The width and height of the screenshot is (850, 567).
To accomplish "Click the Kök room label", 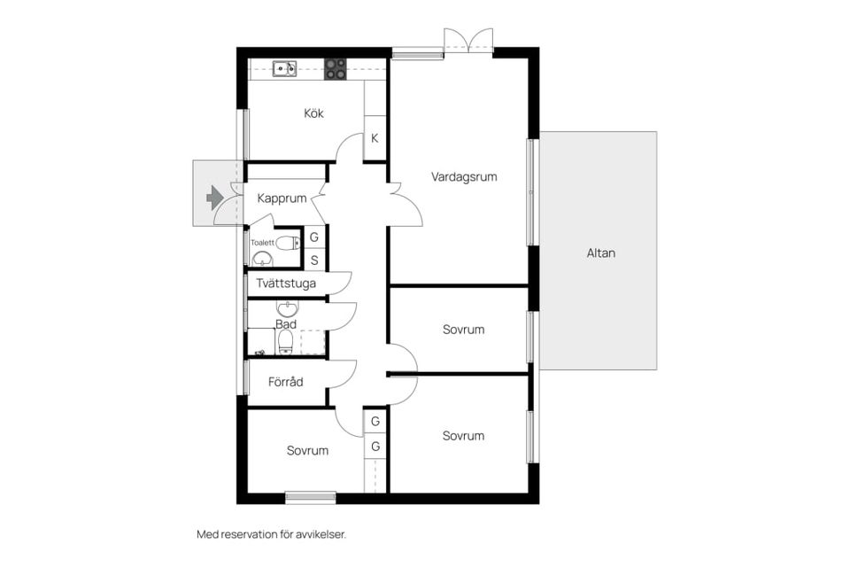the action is (313, 113).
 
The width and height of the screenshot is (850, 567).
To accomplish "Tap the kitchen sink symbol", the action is (284, 68).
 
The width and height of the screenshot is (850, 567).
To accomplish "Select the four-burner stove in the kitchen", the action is (335, 69).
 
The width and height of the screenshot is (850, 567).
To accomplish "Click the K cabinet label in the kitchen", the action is (375, 138).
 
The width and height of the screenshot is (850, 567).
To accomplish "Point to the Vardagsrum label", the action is (464, 177).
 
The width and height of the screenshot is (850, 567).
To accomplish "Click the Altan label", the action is (600, 252).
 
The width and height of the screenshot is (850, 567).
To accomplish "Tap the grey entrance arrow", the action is (214, 198).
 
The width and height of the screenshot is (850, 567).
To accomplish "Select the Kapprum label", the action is (282, 198).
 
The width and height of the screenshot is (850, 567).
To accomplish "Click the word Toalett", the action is (262, 243).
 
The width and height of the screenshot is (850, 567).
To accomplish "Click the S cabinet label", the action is (314, 261).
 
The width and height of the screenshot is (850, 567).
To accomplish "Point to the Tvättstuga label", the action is (286, 283).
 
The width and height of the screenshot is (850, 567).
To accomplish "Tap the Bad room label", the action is (286, 324).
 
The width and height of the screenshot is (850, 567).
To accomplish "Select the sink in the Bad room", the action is (287, 308).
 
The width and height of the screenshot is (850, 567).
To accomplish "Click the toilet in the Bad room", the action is (284, 342).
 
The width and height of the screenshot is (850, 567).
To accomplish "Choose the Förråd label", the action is (286, 382).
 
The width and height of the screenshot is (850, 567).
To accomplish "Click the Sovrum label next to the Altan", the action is (463, 330).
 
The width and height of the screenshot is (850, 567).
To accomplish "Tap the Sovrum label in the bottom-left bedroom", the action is (307, 450).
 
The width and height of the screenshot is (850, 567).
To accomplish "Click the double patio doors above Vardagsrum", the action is (468, 42).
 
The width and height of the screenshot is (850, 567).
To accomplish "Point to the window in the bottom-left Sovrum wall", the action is (311, 497).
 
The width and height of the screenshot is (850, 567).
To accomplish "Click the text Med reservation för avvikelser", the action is (271, 534).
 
